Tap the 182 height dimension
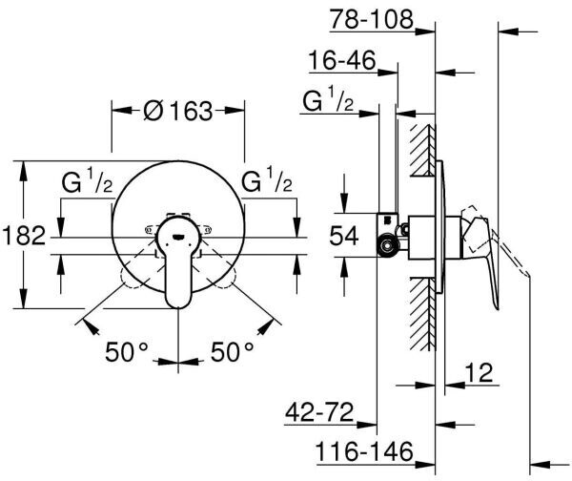pos(24,235)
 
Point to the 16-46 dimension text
pos(340,62)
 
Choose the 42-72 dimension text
pos(319,413)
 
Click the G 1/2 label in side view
pos(329,102)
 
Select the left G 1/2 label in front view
pos(89,181)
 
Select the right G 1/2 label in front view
pos(267,181)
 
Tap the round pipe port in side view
pos(388,250)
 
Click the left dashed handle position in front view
pos(136,277)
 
